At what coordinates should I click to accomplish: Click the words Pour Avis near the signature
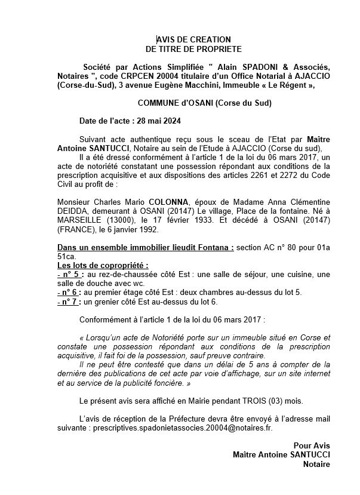click(312, 445)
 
